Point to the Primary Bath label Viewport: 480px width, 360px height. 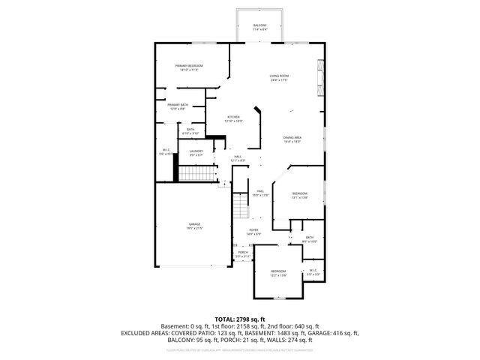178,106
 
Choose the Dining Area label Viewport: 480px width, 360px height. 292,139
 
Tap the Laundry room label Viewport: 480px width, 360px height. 196,153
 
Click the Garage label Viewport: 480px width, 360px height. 194,226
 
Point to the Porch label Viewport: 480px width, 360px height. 243,253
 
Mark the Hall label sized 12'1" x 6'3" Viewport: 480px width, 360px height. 237,158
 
